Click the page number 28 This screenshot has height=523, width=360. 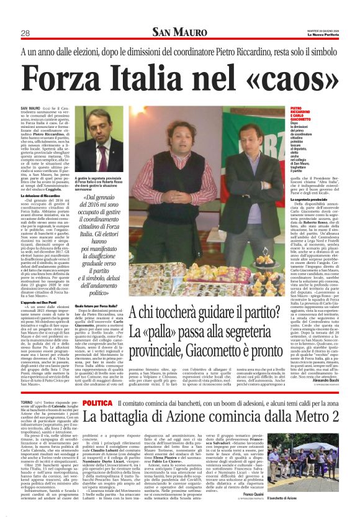point(27,33)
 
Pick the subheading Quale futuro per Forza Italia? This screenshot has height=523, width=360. point(97,306)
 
